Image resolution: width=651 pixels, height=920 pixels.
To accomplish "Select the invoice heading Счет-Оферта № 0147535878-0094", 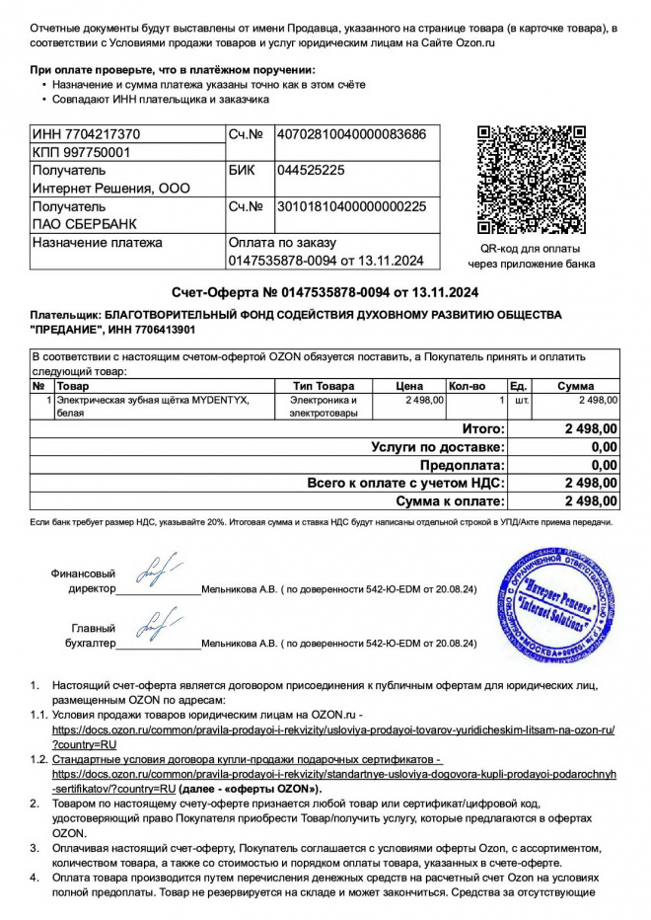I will click(x=325, y=292).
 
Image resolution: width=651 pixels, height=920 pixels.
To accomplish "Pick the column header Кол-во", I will click(x=467, y=385).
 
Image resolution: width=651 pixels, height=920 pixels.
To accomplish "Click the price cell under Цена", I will click(x=424, y=400).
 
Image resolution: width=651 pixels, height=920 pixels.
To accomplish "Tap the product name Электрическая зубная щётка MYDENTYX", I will click(x=153, y=400).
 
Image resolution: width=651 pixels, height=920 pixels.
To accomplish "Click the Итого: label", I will click(x=483, y=429).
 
